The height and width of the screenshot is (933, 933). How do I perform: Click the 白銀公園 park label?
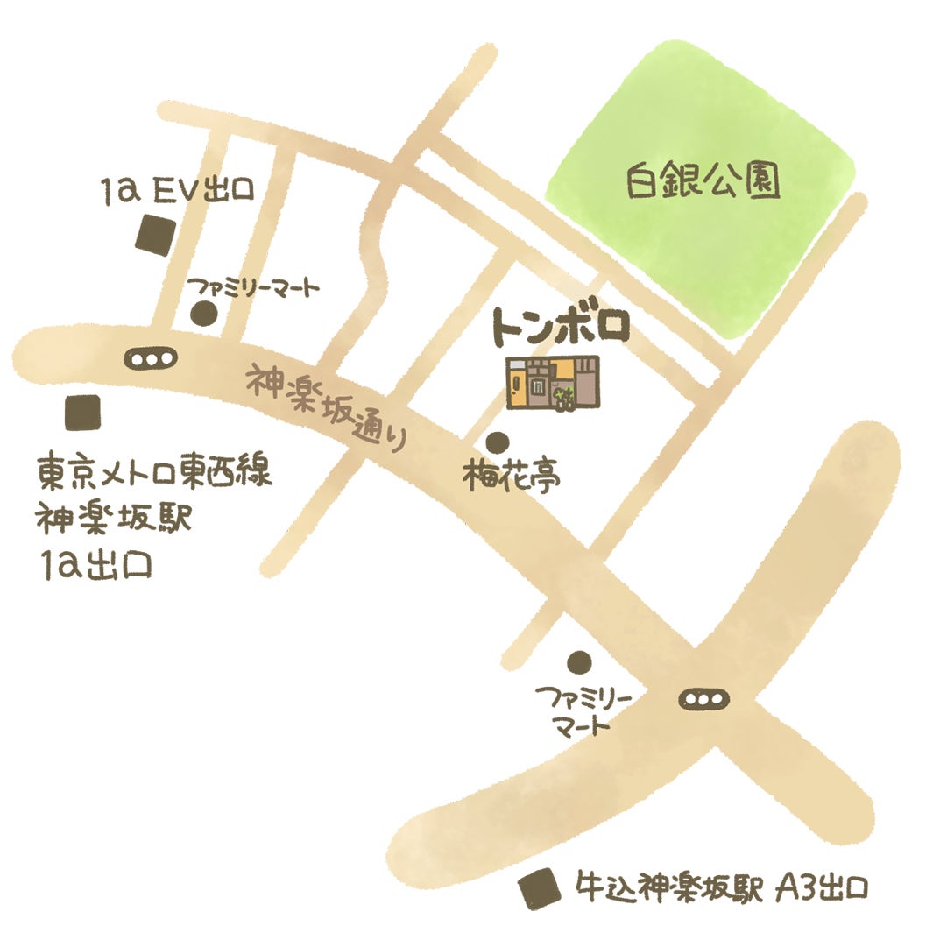(703, 182)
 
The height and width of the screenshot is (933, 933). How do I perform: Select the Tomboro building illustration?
(553, 383)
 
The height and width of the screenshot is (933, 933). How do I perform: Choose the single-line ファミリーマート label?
(253, 286)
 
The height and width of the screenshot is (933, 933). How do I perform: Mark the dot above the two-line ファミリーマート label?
(577, 661)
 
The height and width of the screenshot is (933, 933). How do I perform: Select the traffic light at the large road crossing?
(704, 699)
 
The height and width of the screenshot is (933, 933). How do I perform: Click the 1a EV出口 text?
(177, 189)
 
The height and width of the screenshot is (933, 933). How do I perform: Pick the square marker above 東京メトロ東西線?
(82, 412)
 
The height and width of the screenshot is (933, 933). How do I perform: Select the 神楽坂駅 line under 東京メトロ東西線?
(113, 520)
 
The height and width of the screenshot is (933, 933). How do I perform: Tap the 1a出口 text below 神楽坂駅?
(96, 565)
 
